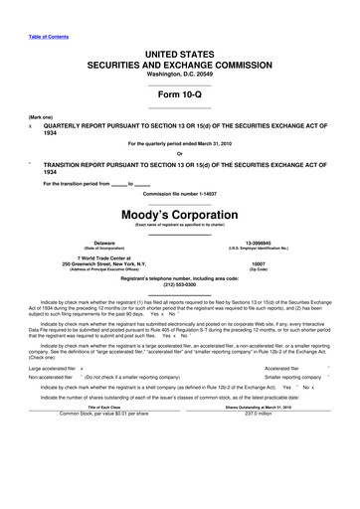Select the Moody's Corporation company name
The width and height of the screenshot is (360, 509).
click(179, 214)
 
